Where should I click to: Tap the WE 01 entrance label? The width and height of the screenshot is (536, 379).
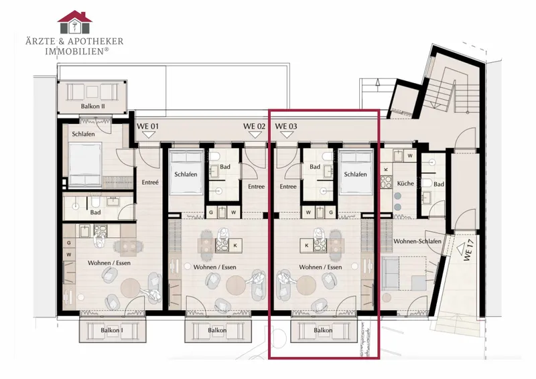click(x=147, y=126)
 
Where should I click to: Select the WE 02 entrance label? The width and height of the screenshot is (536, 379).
click(x=254, y=126)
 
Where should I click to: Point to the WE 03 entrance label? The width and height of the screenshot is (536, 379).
click(x=286, y=126)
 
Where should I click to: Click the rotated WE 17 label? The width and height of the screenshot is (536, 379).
click(x=468, y=251)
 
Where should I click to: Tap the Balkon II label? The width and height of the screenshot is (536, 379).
click(x=92, y=106)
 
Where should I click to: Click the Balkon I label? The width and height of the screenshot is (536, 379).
click(x=112, y=331)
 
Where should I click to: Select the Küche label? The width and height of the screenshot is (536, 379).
click(x=405, y=183)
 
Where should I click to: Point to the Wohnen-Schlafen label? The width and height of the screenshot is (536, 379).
click(x=417, y=241)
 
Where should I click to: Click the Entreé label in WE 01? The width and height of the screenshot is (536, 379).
click(x=150, y=183)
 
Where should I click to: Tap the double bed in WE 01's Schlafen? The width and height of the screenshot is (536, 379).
click(x=85, y=165)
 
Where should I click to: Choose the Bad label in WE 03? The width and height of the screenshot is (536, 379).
click(x=315, y=167)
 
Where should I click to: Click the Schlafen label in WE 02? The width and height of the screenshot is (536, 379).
click(x=186, y=174)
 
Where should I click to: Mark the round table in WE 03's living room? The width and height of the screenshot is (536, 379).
click(x=306, y=285)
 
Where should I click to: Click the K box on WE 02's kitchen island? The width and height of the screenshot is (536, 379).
click(x=235, y=245)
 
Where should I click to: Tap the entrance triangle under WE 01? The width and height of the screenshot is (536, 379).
click(x=148, y=135)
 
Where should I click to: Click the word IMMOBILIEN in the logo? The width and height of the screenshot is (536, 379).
click(x=74, y=52)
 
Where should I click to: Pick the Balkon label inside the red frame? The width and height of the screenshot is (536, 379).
click(x=323, y=331)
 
